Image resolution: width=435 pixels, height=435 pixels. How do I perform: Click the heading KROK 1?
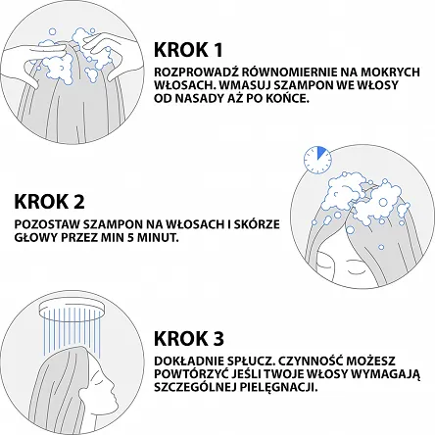tap(188, 50)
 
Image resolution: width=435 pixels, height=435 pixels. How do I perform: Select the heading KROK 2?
tap(49, 202)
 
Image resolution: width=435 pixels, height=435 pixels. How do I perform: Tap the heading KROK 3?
tap(189, 338)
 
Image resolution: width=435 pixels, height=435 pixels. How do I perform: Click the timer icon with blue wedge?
tap(317, 160)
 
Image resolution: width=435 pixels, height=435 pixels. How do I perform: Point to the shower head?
tap(72, 309)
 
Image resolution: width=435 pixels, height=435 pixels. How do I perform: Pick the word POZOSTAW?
tap(44, 224)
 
